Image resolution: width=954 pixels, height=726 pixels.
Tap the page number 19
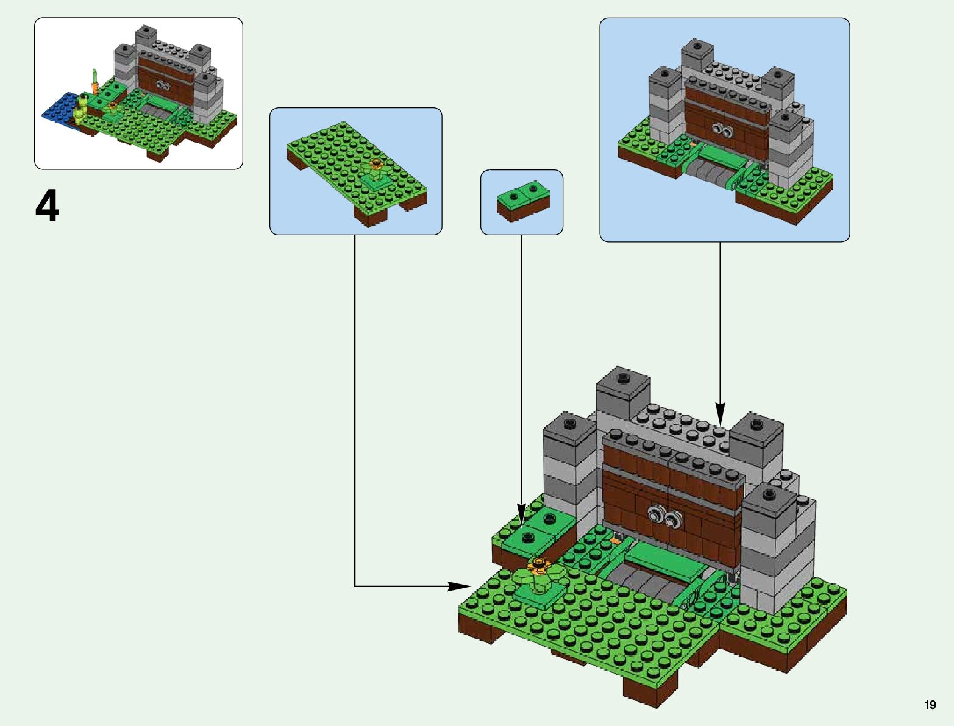point(930,705)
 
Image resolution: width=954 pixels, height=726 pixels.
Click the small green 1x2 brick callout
point(522,201)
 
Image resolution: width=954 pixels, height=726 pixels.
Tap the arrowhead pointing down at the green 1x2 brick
point(521,511)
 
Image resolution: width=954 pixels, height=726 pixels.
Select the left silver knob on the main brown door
point(657,514)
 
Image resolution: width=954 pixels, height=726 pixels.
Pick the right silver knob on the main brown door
point(672,520)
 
